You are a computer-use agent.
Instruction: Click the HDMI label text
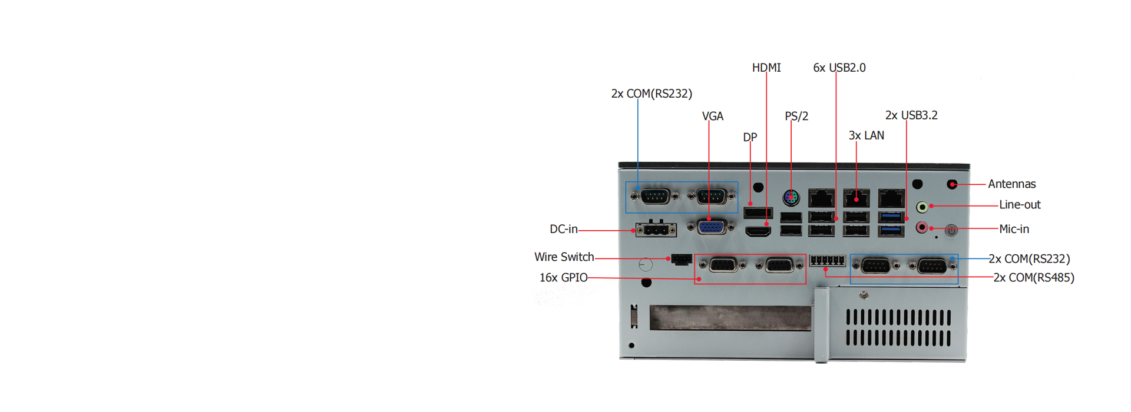[766, 68]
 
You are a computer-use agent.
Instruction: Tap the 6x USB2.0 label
[839, 68]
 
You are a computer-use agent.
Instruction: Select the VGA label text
[713, 117]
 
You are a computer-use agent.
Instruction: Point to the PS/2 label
[796, 117]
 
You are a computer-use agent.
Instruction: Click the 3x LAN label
[867, 135]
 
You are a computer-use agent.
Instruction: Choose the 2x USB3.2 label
[911, 115]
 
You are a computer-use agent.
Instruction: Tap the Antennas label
[1011, 184]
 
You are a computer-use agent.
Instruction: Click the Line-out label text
[1020, 205]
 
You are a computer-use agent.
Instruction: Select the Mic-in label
[1014, 229]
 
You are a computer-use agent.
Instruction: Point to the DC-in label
[563, 229]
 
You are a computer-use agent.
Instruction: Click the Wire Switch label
[564, 257]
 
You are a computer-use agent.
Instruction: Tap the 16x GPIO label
[564, 278]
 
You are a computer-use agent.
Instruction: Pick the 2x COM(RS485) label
[1034, 278]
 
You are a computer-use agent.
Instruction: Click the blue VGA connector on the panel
[712, 227]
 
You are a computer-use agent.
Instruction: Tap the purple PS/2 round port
[791, 198]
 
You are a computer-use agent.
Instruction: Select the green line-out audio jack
[922, 207]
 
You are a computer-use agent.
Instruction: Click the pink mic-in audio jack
[922, 227]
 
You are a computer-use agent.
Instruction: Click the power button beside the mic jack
[951, 231]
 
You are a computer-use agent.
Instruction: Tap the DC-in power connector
[656, 230]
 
